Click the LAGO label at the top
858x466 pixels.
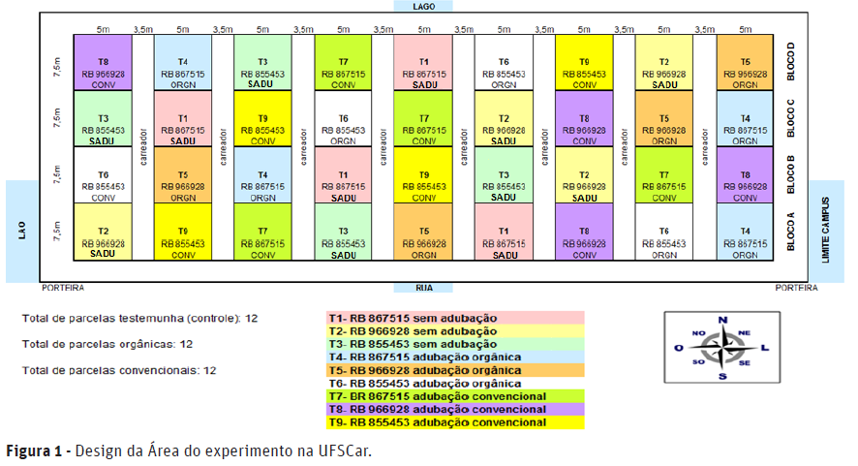[x=423, y=6]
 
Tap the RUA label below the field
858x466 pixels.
[x=423, y=287]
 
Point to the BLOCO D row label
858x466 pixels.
[x=792, y=61]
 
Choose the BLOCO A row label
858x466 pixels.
[x=792, y=232]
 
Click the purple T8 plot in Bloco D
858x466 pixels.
[x=103, y=62]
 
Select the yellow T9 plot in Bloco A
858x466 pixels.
[x=183, y=232]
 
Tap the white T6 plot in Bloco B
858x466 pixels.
[x=103, y=175]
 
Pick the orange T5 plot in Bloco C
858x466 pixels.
[x=664, y=118]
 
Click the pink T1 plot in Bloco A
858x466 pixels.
[x=504, y=232]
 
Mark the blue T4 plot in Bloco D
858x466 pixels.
[x=183, y=62]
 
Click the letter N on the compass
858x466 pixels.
[x=721, y=321]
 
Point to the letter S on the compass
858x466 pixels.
[x=721, y=376]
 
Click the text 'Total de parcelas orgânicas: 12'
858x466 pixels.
[x=107, y=344]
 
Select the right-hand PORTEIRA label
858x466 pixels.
[x=796, y=288]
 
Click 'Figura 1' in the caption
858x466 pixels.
[x=35, y=451]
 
